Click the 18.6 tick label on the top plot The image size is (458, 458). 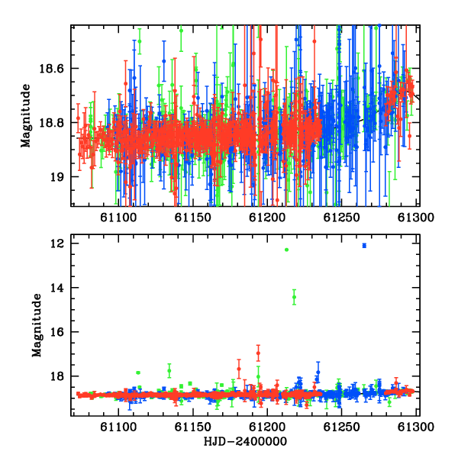pyautogui.click(x=51, y=69)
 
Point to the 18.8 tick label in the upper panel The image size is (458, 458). pyautogui.click(x=51, y=123)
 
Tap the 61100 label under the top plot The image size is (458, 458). pyautogui.click(x=118, y=218)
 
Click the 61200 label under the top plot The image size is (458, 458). pyautogui.click(x=267, y=218)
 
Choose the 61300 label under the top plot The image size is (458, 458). pyautogui.click(x=416, y=218)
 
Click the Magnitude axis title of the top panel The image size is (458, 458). pyautogui.click(x=25, y=116)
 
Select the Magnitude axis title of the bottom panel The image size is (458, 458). pyautogui.click(x=37, y=325)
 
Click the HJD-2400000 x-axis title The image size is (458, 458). pyautogui.click(x=245, y=441)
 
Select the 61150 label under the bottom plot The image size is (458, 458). pyautogui.click(x=193, y=427)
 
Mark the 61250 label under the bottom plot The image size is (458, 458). pyautogui.click(x=341, y=427)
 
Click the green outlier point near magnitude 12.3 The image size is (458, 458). pyautogui.click(x=286, y=250)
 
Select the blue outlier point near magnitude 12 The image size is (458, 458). pyautogui.click(x=364, y=246)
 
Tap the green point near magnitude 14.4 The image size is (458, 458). pyautogui.click(x=294, y=297)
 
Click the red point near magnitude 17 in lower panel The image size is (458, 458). pyautogui.click(x=258, y=353)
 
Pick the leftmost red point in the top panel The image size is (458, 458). pyautogui.click(x=78, y=118)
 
